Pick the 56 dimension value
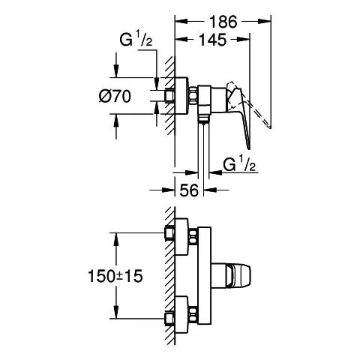(x=190, y=191)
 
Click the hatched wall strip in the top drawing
(x=170, y=97)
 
